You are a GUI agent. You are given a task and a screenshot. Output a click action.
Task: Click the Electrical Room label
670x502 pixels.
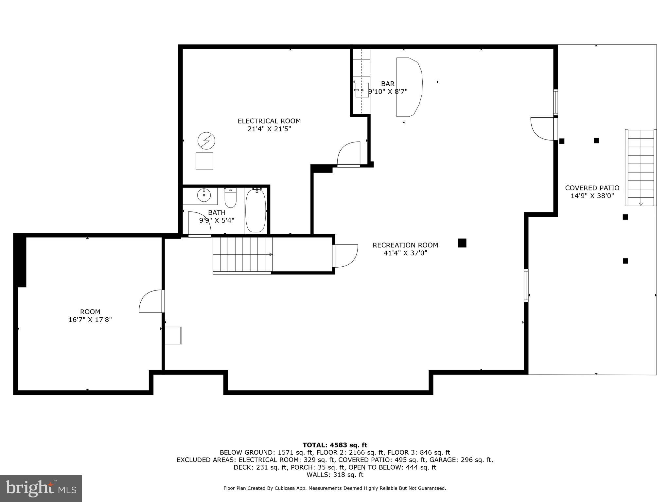click(x=269, y=121)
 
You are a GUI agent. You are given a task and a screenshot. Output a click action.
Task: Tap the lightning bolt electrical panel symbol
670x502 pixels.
click(x=206, y=141)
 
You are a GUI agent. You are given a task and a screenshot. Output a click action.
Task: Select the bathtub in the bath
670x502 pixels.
click(x=256, y=211)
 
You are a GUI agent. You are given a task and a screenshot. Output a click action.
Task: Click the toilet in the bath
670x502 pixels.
click(x=230, y=198)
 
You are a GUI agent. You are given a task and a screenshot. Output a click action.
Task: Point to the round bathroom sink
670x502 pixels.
click(x=204, y=195)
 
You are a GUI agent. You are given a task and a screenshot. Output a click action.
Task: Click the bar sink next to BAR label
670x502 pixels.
click(x=362, y=90)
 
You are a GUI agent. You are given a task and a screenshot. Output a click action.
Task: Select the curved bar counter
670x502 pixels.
click(x=409, y=87)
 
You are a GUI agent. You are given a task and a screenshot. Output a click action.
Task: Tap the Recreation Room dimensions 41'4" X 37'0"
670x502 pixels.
click(x=405, y=253)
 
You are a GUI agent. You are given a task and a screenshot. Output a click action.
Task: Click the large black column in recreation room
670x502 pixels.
click(x=462, y=243)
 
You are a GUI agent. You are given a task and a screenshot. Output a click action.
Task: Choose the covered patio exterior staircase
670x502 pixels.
click(x=641, y=167)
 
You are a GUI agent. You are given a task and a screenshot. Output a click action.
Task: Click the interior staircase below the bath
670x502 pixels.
click(x=242, y=255)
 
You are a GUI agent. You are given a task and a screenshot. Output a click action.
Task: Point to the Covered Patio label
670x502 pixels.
click(x=592, y=188)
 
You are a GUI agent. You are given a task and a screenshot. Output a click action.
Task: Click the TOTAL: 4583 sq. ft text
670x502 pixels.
click(x=335, y=445)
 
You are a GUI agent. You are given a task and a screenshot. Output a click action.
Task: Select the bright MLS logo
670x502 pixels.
click(x=41, y=488)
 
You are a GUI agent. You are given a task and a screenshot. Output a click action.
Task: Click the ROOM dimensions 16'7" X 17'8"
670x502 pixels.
click(x=90, y=320)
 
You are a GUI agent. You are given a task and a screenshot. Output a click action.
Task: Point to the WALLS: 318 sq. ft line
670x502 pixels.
click(x=335, y=475)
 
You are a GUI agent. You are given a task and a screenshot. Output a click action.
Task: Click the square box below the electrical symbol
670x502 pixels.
click(x=204, y=161)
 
